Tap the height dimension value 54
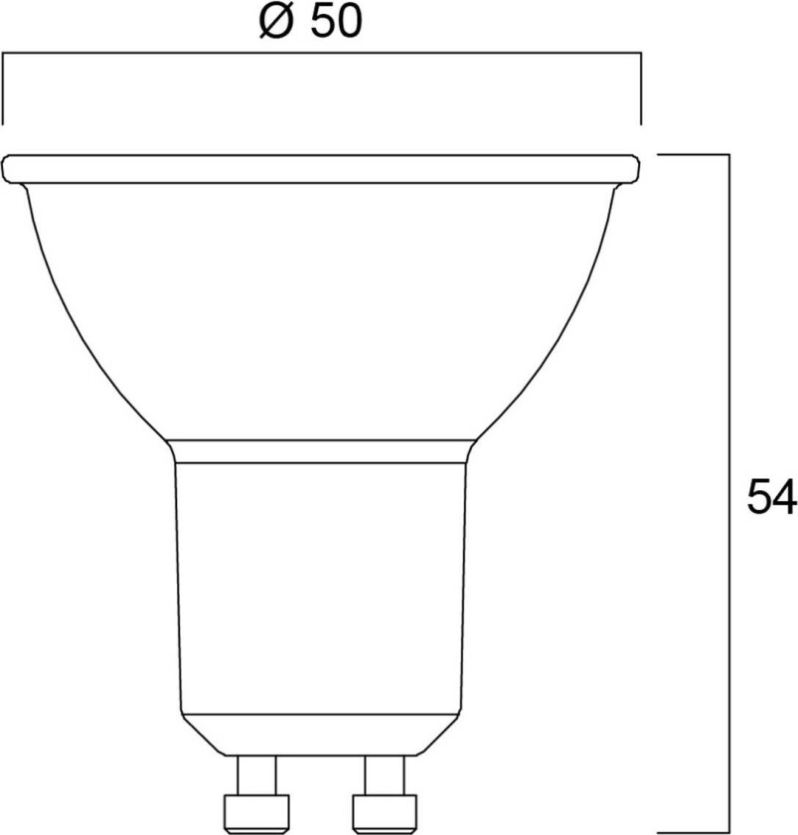pyautogui.click(x=772, y=498)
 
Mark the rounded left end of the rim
pyautogui.click(x=10, y=168)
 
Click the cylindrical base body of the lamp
pyautogui.click(x=321, y=586)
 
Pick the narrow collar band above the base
pyautogui.click(x=321, y=451)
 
